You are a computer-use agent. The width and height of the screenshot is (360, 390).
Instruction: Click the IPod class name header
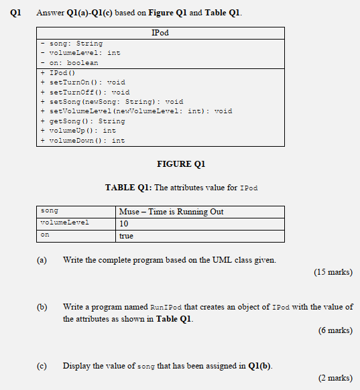(x=160, y=33)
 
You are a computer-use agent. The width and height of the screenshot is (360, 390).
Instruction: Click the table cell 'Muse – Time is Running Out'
(x=172, y=212)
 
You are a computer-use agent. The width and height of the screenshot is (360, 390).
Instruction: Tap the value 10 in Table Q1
(x=124, y=224)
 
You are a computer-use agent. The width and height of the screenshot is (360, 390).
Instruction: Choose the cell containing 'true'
(x=126, y=236)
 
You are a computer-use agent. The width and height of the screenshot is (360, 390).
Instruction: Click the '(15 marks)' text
(x=333, y=273)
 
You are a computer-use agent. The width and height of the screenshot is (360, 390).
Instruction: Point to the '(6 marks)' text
(x=335, y=330)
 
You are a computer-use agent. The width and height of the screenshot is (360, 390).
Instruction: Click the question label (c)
(x=42, y=366)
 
